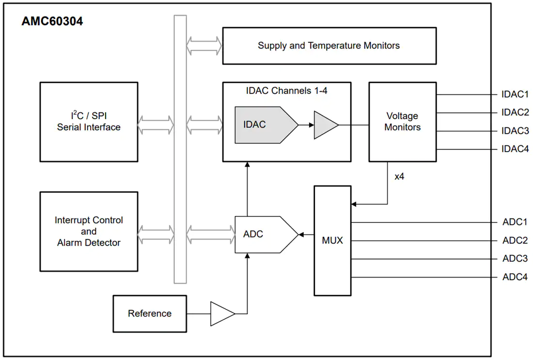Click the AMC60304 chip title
52,21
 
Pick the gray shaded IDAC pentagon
266,125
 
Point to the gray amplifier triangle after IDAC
326,125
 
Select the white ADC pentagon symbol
266,235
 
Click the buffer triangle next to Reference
223,314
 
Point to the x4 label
399,176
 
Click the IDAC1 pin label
515,94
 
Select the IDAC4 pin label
515,149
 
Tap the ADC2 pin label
515,240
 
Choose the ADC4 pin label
515,277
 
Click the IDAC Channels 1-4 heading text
286,91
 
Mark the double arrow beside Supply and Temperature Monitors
204,46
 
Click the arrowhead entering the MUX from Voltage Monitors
354,204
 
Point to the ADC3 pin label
515,259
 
